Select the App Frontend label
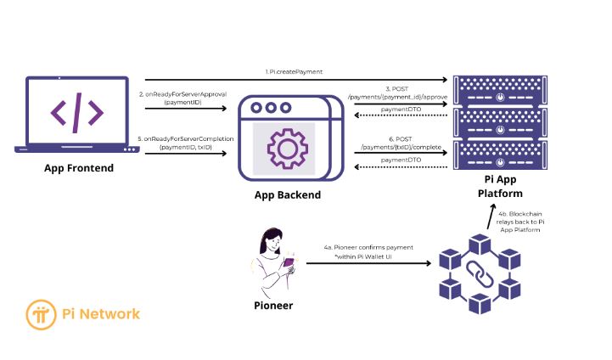[79, 168]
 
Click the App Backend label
[288, 194]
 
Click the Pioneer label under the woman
[273, 305]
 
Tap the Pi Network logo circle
[41, 314]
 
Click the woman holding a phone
[274, 260]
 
